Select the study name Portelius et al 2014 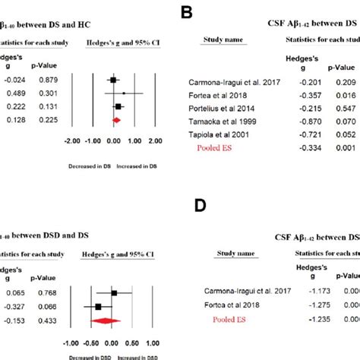225,109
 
